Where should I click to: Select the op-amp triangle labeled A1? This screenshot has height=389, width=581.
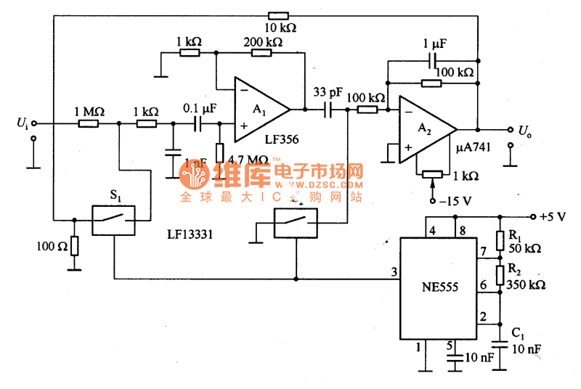click(x=258, y=110)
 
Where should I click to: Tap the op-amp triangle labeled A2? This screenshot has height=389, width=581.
click(x=424, y=129)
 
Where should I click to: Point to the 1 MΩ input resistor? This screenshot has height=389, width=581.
click(x=89, y=124)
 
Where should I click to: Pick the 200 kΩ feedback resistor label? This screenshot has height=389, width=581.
click(x=264, y=42)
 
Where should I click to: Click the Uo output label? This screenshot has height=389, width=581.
click(x=524, y=131)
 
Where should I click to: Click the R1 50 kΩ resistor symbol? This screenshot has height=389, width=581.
click(x=500, y=239)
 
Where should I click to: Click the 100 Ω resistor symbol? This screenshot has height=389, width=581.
click(x=74, y=245)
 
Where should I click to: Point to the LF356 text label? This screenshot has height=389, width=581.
click(x=282, y=139)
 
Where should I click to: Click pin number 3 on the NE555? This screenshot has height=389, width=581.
click(x=394, y=272)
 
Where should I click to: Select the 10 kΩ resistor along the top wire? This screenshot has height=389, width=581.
click(x=278, y=15)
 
